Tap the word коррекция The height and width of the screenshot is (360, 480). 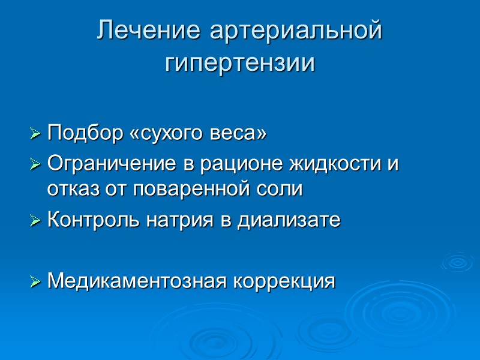click(283, 280)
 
